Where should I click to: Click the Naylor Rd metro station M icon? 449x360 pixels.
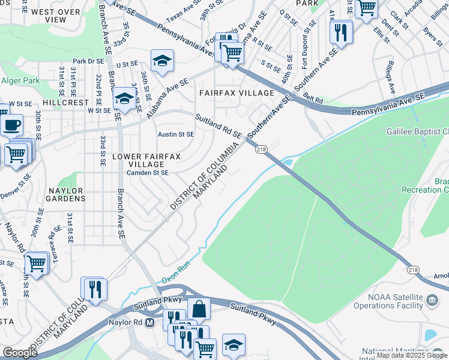pos(150,322)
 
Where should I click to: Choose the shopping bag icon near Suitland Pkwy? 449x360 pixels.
pos(199,309)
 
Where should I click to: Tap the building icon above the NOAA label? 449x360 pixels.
pos(432,299)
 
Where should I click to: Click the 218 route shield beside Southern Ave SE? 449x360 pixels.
pos(261,149)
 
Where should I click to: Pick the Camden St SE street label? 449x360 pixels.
pos(147,173)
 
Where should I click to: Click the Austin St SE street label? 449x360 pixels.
pos(175,134)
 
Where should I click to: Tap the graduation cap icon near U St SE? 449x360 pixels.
pos(161,61)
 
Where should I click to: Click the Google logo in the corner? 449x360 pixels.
pos(20,353)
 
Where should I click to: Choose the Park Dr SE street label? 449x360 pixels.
pos(88,61)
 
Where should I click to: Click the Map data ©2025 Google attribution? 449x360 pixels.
pos(412,356)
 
